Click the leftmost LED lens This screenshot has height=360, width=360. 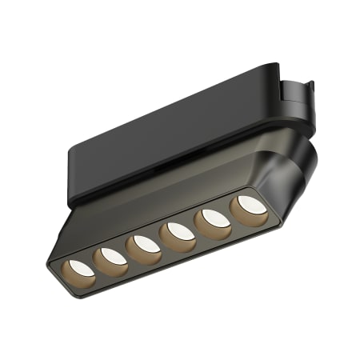coord(80,266)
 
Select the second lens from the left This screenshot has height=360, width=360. coord(109,256)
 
